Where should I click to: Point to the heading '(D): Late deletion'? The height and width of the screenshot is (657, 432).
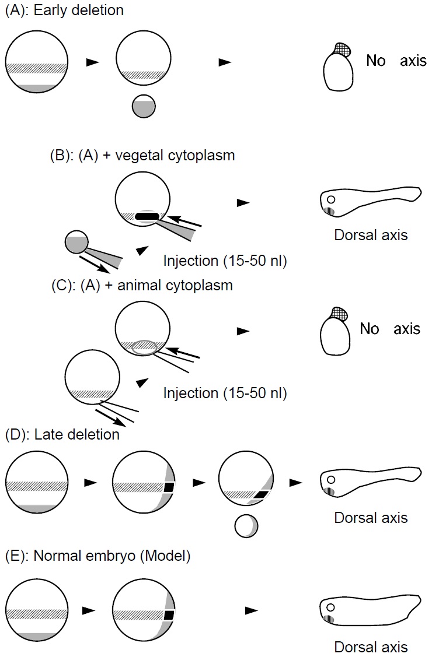pyautogui.click(x=62, y=434)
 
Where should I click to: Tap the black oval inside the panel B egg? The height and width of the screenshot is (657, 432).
pyautogui.click(x=146, y=217)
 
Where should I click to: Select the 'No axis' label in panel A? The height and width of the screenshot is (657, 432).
pyautogui.click(x=396, y=61)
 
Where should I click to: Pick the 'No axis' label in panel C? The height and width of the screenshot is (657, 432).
pyautogui.click(x=390, y=329)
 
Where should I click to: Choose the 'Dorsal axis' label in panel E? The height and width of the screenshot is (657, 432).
pyautogui.click(x=371, y=647)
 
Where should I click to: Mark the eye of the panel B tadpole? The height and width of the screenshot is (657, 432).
pyautogui.click(x=331, y=199)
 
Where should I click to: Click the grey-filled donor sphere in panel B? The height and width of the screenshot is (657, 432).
pyautogui.click(x=76, y=242)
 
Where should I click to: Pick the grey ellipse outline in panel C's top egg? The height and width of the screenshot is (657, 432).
pyautogui.click(x=144, y=347)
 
